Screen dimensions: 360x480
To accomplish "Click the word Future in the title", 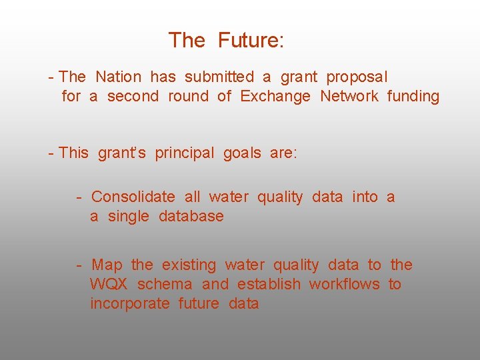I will tap(251, 41).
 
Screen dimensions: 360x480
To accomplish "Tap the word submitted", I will tap(219, 77).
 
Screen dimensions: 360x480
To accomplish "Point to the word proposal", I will tap(357, 78).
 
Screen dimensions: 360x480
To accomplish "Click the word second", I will tap(133, 97).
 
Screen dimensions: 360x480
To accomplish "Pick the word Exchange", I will tap(275, 97).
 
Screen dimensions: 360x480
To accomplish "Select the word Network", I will tap(349, 97).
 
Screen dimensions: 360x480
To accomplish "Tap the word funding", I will tap(413, 97).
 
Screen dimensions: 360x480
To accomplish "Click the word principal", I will tap(185, 153).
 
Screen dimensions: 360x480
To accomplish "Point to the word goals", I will tap(242, 153).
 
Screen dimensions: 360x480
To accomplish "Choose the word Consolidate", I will tap(133, 197).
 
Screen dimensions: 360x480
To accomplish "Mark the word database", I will tap(191, 217).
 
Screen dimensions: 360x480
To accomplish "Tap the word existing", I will tap(189, 265).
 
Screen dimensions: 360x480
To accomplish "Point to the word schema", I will tap(165, 285).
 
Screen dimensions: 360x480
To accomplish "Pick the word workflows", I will tap(345, 285).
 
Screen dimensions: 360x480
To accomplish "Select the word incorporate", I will tap(130, 304).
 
